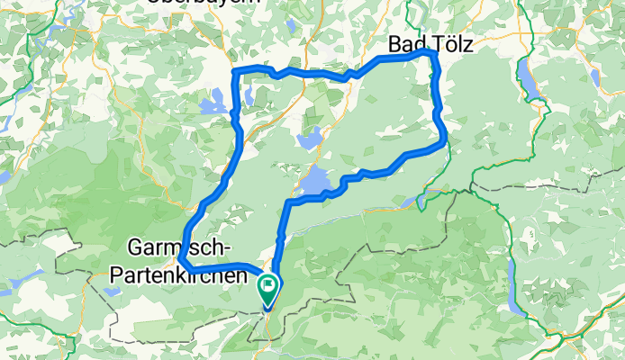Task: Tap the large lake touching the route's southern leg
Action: [314, 183]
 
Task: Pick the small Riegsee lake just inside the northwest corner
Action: [248, 94]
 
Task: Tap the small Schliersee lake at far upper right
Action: [593, 77]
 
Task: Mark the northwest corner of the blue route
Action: [236, 71]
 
